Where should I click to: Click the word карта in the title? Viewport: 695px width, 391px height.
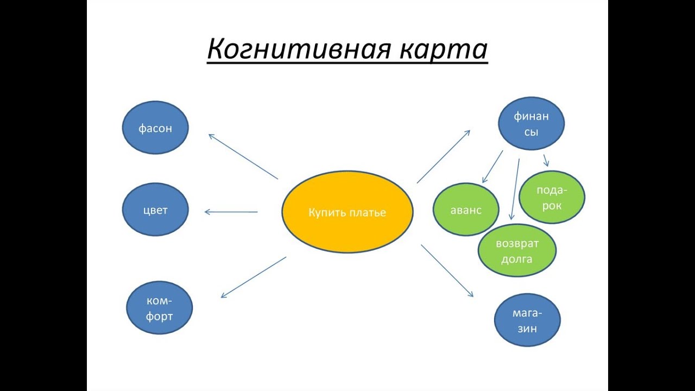click(443, 50)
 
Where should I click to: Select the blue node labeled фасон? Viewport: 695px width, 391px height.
click(155, 128)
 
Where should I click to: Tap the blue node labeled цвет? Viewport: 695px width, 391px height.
click(155, 211)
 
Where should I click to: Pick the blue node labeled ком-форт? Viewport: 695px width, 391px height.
click(159, 308)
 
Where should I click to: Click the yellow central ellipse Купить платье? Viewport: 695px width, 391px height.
click(347, 212)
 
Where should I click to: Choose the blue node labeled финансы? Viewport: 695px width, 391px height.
click(531, 123)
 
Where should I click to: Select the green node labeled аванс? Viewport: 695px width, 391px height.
click(465, 210)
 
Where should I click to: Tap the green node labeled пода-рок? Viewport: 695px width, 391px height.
click(552, 197)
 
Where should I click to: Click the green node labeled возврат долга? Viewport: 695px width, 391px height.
click(516, 251)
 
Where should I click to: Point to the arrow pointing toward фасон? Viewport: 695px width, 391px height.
click(243, 156)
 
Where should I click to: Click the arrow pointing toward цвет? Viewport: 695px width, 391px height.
click(231, 212)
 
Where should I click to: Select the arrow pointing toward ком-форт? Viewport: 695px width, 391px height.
click(253, 277)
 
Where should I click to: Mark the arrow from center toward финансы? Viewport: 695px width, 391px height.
click(443, 156)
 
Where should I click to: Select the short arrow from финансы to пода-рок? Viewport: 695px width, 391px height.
click(545, 160)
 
